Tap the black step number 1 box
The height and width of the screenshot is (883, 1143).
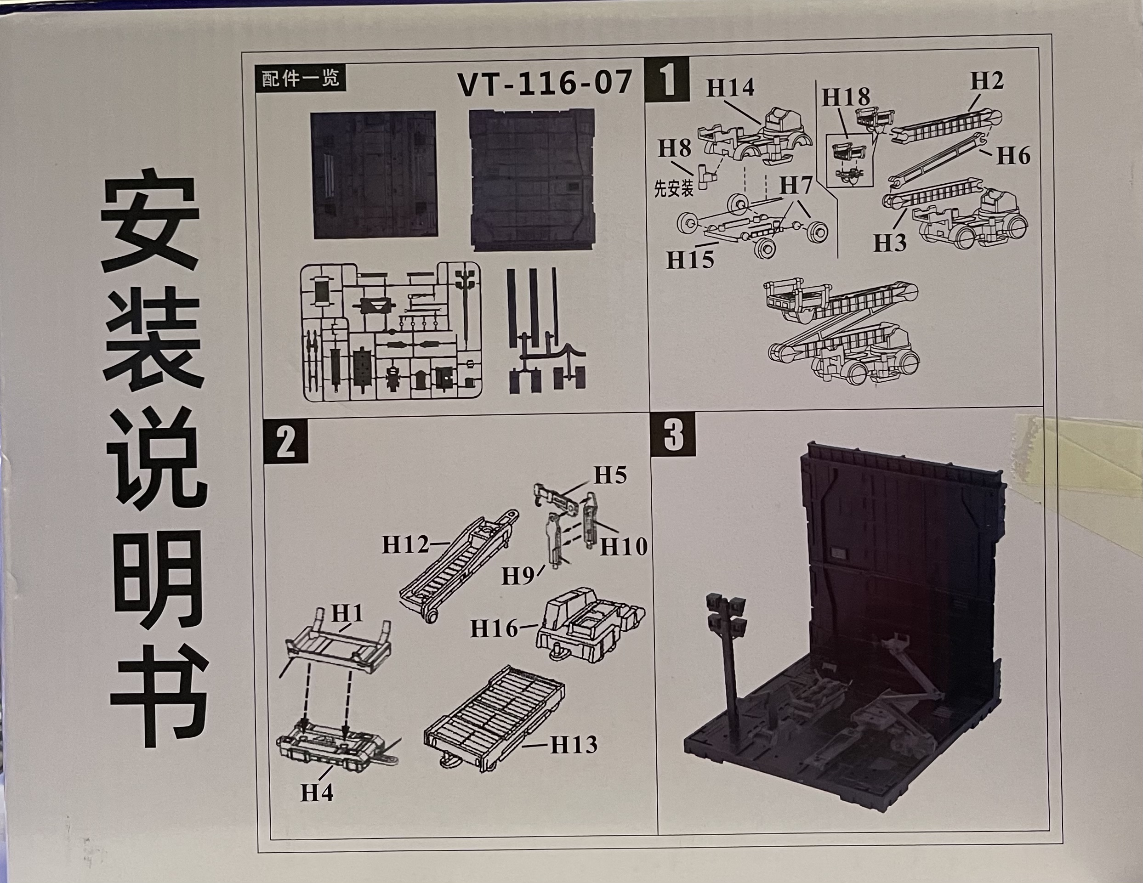(x=667, y=79)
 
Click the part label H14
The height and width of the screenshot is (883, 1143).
(x=731, y=87)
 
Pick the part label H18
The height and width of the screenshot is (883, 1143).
(x=846, y=97)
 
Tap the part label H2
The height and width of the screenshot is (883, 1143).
(x=987, y=80)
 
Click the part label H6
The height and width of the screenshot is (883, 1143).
(x=1013, y=155)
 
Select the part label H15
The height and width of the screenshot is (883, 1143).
(x=690, y=260)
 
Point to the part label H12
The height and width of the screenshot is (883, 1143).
(x=406, y=544)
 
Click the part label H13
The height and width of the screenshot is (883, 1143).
(x=574, y=745)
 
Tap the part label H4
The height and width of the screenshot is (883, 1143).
(x=317, y=793)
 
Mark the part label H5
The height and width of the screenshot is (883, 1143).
(x=610, y=476)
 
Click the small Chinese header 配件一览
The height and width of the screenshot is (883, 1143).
(x=301, y=79)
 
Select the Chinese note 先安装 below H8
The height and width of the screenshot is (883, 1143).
(x=674, y=188)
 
